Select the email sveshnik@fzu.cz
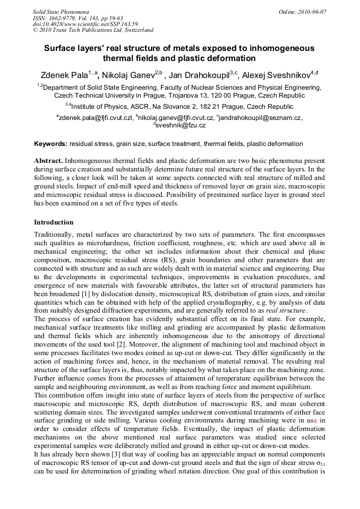pos(181,125)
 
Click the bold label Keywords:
pos(50,144)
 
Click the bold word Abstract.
pos(48,160)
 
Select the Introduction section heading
pos(54,222)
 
